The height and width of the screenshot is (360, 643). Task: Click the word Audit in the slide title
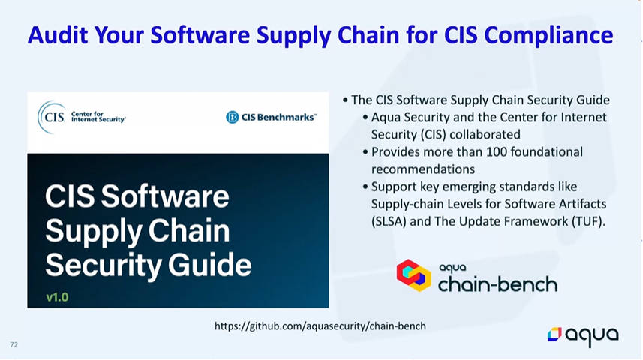[58, 34]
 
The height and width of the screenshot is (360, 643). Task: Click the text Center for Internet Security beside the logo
[98, 117]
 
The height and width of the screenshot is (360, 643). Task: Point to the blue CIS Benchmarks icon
[232, 117]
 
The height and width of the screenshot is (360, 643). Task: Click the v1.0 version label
[57, 297]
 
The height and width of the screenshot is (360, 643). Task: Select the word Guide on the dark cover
[209, 265]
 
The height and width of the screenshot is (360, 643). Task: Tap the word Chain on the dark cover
[189, 230]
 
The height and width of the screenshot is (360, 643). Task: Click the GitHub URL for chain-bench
[320, 326]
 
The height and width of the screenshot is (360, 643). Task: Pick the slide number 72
[14, 344]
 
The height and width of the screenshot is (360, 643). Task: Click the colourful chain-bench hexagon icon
[413, 275]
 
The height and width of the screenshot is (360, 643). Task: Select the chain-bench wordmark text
[498, 284]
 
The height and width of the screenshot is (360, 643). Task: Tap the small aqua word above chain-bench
[452, 268]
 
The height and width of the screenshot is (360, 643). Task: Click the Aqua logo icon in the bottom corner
[554, 334]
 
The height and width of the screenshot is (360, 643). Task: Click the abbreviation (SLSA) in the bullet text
[389, 221]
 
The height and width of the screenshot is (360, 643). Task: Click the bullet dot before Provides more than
[365, 152]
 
